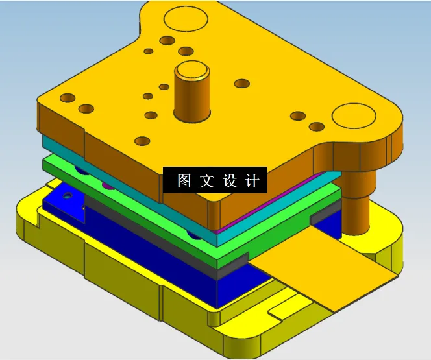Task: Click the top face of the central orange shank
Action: coord(192,69)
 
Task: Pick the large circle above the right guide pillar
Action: coord(354,117)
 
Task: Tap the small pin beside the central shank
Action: coord(164,86)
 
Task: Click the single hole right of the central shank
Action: coord(242,84)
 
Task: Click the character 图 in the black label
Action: coord(184,181)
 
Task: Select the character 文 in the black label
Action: coord(206,181)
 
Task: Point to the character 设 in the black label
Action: coord(230,181)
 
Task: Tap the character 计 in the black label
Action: coord(252,181)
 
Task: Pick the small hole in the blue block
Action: coord(68,195)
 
